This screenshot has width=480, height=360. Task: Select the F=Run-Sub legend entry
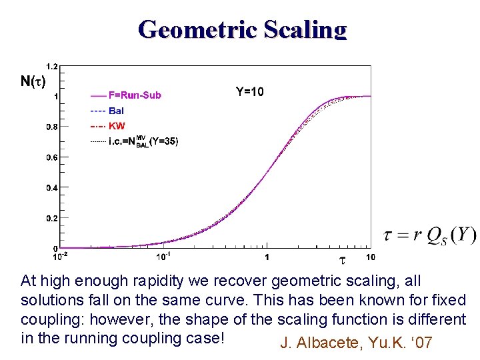click(134, 95)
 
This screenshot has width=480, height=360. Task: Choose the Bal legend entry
click(116, 111)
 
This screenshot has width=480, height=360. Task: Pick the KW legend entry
click(116, 126)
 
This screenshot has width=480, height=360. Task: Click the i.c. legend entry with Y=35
click(143, 141)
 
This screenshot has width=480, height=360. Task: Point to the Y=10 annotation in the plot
click(250, 92)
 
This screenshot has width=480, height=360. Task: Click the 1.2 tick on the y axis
click(51, 65)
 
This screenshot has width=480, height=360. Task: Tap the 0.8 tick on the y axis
click(51, 127)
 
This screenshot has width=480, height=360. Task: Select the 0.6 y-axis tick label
click(51, 157)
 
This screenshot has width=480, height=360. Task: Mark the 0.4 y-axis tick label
click(51, 188)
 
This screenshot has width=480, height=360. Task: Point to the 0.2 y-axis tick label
click(51, 219)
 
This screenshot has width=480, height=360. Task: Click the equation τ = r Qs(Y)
click(430, 235)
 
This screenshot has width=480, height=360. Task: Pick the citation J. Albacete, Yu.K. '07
click(357, 343)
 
